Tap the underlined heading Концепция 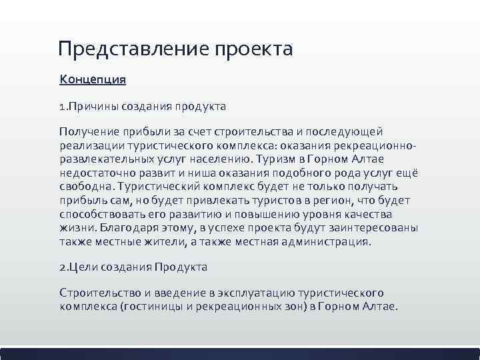tap(93, 80)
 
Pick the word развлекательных tap(106, 159)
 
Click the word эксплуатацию tap(235, 293)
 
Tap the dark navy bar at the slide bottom tap(240, 353)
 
